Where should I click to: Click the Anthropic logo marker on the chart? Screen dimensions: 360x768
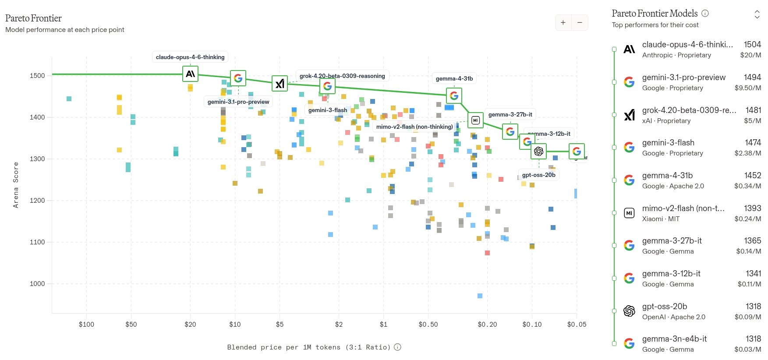(190, 74)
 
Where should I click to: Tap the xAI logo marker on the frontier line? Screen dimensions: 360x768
(280, 83)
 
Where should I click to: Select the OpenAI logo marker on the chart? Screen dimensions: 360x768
(538, 151)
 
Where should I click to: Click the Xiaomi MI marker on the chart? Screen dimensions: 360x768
(475, 120)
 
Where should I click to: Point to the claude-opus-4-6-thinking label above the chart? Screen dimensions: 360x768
(190, 57)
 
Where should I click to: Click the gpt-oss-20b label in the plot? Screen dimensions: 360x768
(538, 175)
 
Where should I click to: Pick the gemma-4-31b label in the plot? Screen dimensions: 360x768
(454, 78)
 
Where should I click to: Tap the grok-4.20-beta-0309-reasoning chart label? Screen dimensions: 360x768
(342, 76)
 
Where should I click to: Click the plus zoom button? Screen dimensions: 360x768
(563, 22)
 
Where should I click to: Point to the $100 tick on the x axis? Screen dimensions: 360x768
(86, 325)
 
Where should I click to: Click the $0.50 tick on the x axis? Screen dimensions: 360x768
(428, 325)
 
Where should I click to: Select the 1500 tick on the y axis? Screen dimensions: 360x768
(37, 76)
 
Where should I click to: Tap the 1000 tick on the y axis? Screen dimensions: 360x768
(37, 284)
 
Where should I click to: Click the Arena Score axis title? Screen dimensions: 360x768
(16, 185)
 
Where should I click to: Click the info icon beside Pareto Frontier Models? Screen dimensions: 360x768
(705, 13)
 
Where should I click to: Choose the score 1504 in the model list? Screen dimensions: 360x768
(752, 44)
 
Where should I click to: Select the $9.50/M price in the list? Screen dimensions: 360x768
(748, 88)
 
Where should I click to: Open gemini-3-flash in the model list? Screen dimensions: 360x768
(668, 143)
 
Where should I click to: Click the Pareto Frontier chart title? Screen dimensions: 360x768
(33, 18)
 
